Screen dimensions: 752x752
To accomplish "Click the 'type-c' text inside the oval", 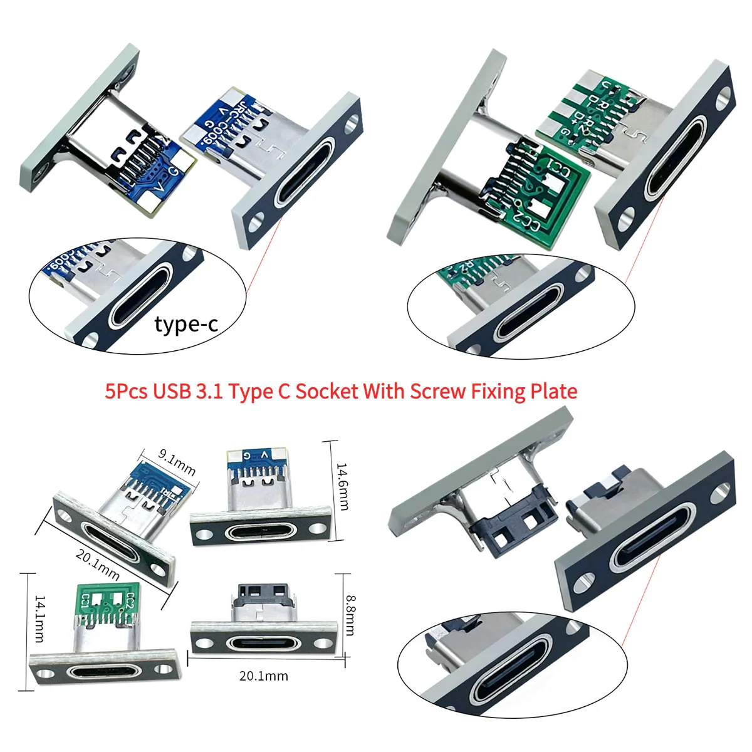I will pos(186,324).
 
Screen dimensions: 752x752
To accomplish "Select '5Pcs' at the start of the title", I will pos(127,392).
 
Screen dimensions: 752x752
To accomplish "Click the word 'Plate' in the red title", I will pos(552,392).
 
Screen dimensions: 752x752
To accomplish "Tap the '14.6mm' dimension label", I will pos(342,486).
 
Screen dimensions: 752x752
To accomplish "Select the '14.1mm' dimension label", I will pos(39,619).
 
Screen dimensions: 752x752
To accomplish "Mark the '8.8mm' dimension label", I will pos(350,615).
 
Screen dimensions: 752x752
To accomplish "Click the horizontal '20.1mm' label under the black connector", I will pos(263,676).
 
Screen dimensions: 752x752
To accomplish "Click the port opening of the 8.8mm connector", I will pos(259,644).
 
